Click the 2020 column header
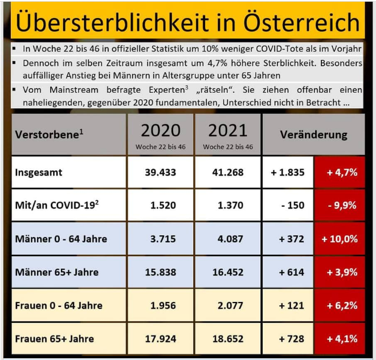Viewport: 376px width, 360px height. click(x=160, y=130)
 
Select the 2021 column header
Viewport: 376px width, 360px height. click(x=228, y=130)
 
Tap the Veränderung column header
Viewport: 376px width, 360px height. click(x=313, y=135)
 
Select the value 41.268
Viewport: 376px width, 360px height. click(x=228, y=172)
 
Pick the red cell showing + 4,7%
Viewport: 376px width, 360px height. click(x=339, y=172)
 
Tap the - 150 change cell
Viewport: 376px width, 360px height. click(x=288, y=205)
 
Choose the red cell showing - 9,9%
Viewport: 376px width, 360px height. click(x=339, y=205)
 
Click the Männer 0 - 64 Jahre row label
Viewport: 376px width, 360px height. click(x=61, y=239)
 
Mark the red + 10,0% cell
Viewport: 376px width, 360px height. click(x=339, y=239)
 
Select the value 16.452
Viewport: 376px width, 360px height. click(x=228, y=272)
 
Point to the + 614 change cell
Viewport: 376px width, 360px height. click(x=288, y=272)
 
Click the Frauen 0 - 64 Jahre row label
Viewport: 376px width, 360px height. click(x=59, y=305)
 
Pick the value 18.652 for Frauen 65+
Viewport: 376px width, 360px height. click(x=228, y=338)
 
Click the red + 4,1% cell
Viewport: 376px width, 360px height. click(x=339, y=338)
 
